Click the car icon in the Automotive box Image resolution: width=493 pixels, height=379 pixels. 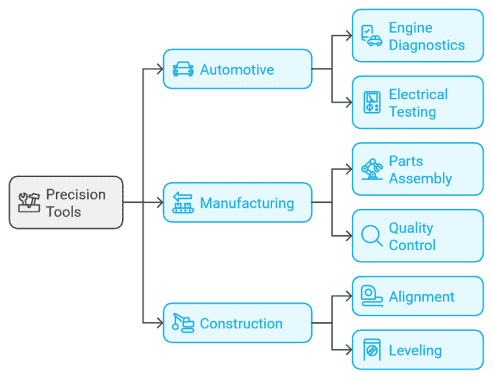pyautogui.click(x=183, y=69)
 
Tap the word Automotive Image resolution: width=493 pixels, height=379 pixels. pyautogui.click(x=237, y=69)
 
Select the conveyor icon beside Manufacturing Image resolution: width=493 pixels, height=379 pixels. pyautogui.click(x=183, y=203)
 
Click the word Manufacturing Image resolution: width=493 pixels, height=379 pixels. pyautogui.click(x=247, y=203)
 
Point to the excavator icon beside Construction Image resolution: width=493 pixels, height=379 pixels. pyautogui.click(x=183, y=323)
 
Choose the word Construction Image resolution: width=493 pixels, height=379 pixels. pyautogui.click(x=241, y=324)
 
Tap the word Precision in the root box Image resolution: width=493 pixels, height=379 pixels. pyautogui.click(x=76, y=194)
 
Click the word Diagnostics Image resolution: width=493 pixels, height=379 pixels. pyautogui.click(x=427, y=46)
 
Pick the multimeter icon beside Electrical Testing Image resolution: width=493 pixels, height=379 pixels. pyautogui.click(x=372, y=103)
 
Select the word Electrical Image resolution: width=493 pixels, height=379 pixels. pyautogui.click(x=419, y=94)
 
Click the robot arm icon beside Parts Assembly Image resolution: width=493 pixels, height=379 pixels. pyautogui.click(x=372, y=169)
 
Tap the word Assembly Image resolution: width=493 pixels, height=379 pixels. pyautogui.click(x=420, y=179)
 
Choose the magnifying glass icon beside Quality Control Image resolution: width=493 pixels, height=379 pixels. pyautogui.click(x=372, y=236)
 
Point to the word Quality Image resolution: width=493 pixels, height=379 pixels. pyautogui.click(x=411, y=228)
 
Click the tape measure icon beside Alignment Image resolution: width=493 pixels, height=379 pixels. pyautogui.click(x=372, y=296)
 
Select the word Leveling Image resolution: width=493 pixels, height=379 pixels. pyautogui.click(x=415, y=351)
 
